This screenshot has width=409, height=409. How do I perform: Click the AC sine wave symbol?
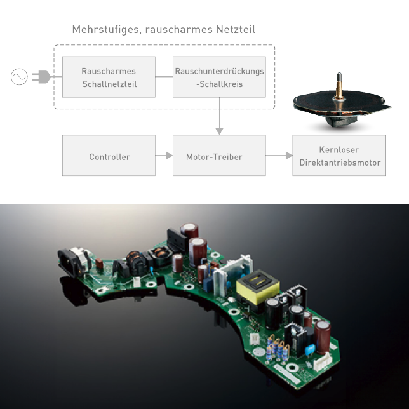point(19,77)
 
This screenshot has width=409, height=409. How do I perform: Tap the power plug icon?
point(41,77)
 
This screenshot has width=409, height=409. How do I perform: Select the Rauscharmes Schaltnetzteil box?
point(109,77)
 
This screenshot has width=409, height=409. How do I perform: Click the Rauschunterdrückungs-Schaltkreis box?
point(219,77)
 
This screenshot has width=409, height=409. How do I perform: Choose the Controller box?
point(109,156)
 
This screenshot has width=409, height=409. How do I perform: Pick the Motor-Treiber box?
point(219,156)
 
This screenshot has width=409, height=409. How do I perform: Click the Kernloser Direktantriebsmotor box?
point(339,156)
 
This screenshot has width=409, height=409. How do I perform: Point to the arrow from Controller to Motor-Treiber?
point(164,156)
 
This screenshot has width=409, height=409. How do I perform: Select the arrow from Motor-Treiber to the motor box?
point(279,156)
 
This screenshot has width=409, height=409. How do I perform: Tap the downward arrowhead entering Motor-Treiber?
point(219,131)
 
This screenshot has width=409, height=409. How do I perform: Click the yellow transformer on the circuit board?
point(258,287)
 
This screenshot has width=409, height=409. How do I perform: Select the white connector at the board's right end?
point(322,362)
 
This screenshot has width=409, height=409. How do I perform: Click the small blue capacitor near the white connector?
point(310,349)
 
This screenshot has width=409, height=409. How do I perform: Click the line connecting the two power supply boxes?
point(164,77)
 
